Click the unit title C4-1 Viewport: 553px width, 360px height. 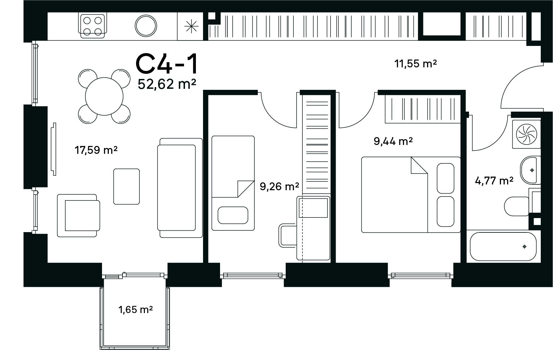(x=167, y=64)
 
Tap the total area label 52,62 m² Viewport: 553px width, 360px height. (x=167, y=84)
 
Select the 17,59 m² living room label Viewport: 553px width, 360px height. (x=96, y=150)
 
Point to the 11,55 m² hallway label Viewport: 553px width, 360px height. (x=416, y=63)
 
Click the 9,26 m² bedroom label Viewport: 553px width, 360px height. (x=280, y=186)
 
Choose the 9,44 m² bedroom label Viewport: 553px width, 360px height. (x=393, y=141)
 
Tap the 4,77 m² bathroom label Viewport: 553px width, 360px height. (x=494, y=181)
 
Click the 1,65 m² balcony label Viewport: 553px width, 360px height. (x=136, y=309)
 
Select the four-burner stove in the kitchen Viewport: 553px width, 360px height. (x=93, y=26)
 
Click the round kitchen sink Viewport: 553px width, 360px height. (x=146, y=26)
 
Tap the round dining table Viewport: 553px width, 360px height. (x=104, y=96)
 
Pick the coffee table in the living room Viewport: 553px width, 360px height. (x=127, y=186)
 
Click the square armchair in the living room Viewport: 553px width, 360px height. (x=79, y=215)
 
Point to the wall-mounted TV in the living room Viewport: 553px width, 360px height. (x=53, y=149)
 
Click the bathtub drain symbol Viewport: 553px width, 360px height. (x=525, y=247)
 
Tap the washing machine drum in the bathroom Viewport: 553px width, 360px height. (x=526, y=134)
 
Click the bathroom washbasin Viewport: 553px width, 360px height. (x=530, y=170)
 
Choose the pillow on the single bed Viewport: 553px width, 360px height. (x=233, y=215)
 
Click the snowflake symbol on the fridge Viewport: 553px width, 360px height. (x=191, y=27)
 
